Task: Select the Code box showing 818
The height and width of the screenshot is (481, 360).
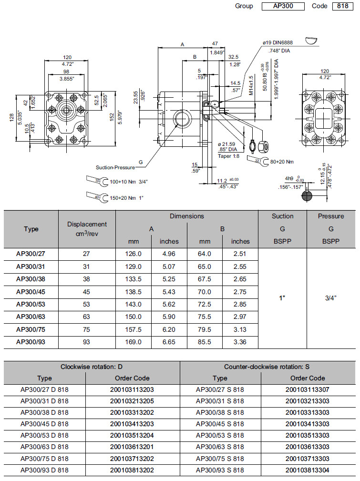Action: pyautogui.click(x=343, y=6)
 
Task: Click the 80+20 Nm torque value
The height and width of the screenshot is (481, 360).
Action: pyautogui.click(x=282, y=162)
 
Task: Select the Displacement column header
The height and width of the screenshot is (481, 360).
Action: pyautogui.click(x=87, y=228)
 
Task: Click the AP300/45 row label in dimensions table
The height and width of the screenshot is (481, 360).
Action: pyautogui.click(x=31, y=291)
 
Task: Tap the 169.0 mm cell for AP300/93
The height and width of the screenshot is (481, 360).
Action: pyautogui.click(x=133, y=342)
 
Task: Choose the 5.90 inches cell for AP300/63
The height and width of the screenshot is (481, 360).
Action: pyautogui.click(x=169, y=317)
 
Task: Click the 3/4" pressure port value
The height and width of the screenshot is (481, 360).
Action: pyautogui.click(x=331, y=298)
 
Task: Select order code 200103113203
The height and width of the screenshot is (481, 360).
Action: pyautogui.click(x=132, y=389)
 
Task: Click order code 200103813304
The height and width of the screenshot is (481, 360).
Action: pyautogui.click(x=308, y=470)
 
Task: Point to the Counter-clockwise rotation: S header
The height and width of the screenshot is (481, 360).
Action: pyautogui.click(x=267, y=367)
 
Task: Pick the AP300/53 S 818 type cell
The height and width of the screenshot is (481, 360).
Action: pyautogui.click(x=220, y=435)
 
